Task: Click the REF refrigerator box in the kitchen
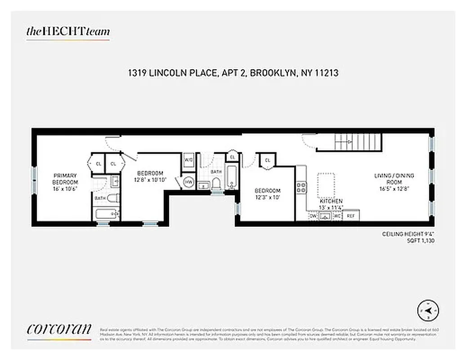[x=351, y=216]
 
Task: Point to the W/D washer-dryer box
[x=188, y=160]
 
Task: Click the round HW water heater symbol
[x=188, y=182]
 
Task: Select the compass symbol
[x=428, y=310]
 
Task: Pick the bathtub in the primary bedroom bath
[x=107, y=213]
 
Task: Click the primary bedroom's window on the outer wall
[x=34, y=180]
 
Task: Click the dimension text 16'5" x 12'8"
[x=394, y=189]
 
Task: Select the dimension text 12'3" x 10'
[x=268, y=197]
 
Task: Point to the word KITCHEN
[x=331, y=201]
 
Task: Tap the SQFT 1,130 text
[x=420, y=241]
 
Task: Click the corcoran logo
[x=59, y=329]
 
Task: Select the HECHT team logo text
[x=68, y=31]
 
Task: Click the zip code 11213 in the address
[x=324, y=73]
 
